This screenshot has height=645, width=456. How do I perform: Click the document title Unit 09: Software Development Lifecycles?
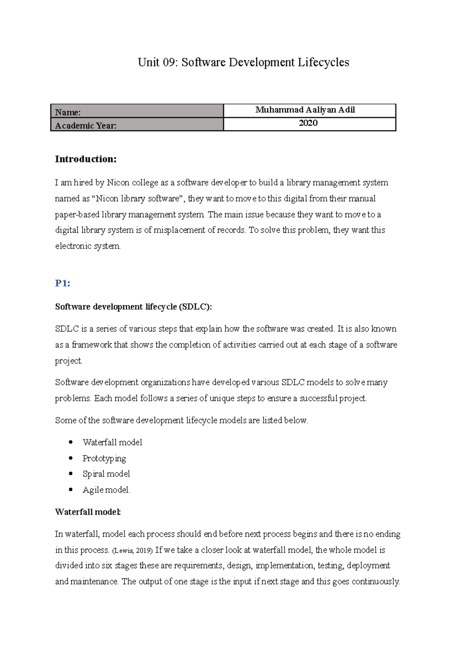(x=243, y=62)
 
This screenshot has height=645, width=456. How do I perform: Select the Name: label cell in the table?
(x=137, y=112)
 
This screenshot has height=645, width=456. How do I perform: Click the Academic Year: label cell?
(x=137, y=125)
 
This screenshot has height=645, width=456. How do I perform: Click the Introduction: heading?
(x=86, y=159)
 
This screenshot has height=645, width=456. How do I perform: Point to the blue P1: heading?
(x=63, y=283)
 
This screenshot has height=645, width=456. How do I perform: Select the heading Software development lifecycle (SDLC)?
(x=133, y=307)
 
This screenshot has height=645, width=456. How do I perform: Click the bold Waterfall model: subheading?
(x=88, y=512)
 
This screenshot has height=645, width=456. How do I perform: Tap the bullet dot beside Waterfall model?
(x=71, y=442)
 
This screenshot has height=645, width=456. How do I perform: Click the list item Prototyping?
(x=104, y=458)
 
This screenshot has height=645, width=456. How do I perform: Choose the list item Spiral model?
(x=106, y=474)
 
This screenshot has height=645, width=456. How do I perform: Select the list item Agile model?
(x=106, y=490)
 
